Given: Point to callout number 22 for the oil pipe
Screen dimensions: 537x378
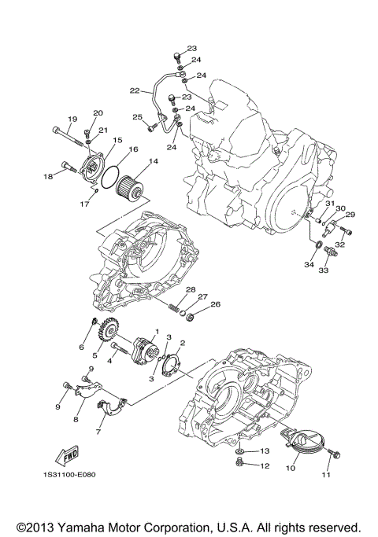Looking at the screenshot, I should [135, 91].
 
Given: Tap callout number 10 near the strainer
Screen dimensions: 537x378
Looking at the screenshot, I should [291, 468].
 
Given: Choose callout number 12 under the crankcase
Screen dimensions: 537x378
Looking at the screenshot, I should [265, 466].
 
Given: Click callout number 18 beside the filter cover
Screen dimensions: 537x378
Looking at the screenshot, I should [48, 177].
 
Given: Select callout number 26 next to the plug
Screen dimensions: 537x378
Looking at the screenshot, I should [216, 306].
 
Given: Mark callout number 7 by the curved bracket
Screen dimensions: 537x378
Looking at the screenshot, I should [99, 432].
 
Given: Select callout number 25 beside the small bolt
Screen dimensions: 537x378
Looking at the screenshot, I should [136, 117].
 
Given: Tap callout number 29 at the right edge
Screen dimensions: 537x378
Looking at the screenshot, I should [350, 215].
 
